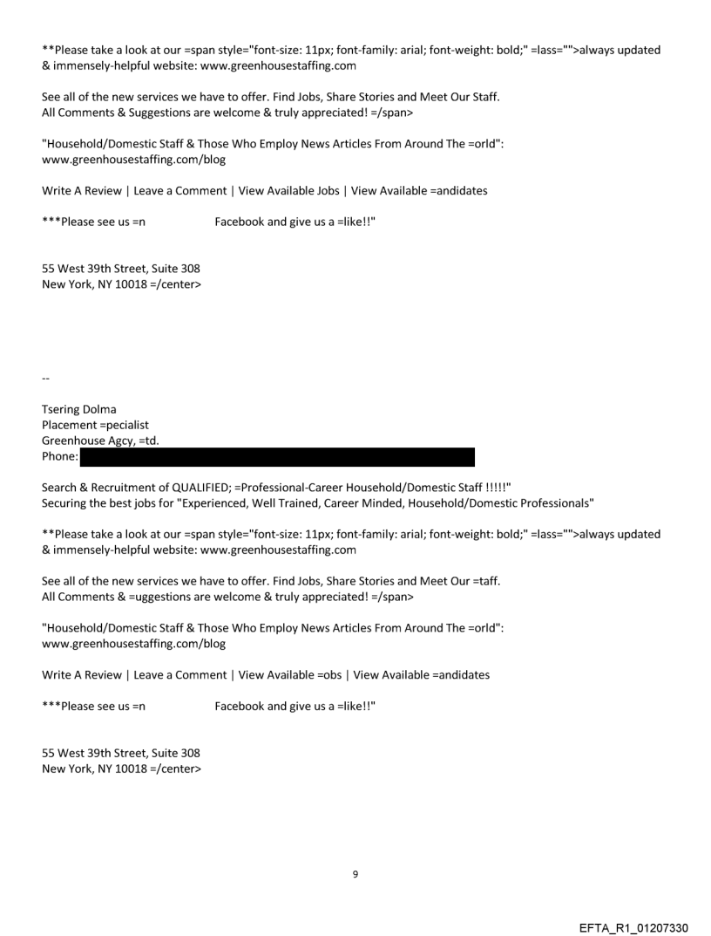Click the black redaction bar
pyautogui.click(x=277, y=456)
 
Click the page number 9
pyautogui.click(x=355, y=873)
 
